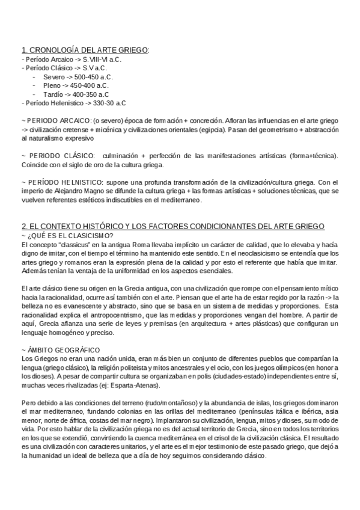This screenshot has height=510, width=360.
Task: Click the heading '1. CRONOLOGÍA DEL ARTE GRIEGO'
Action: pos(84,50)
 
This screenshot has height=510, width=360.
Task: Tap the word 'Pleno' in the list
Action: pos(52,85)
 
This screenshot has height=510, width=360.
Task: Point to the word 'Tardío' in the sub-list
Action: pos(53,94)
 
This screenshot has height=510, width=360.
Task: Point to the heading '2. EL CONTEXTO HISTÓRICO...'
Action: pos(172,226)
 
